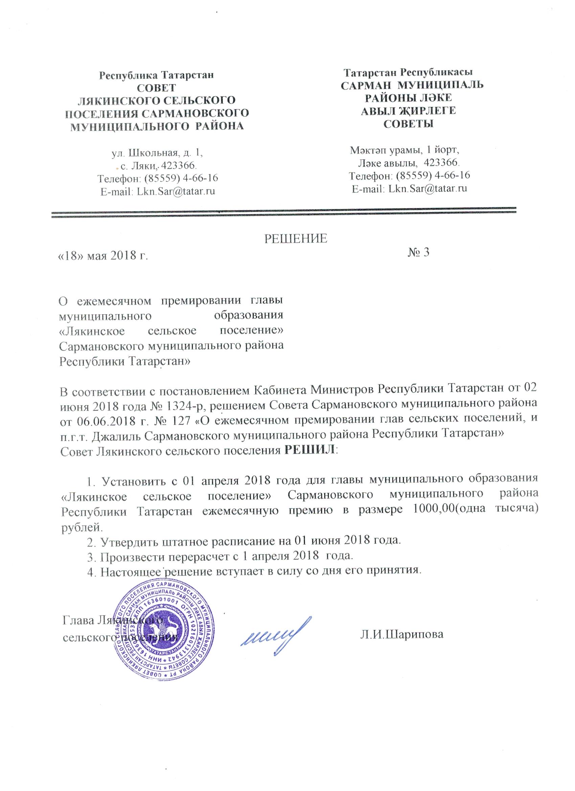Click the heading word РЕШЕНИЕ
click(296, 238)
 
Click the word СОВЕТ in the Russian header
click(157, 88)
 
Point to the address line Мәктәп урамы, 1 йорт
click(404, 150)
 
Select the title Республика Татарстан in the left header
click(157, 75)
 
